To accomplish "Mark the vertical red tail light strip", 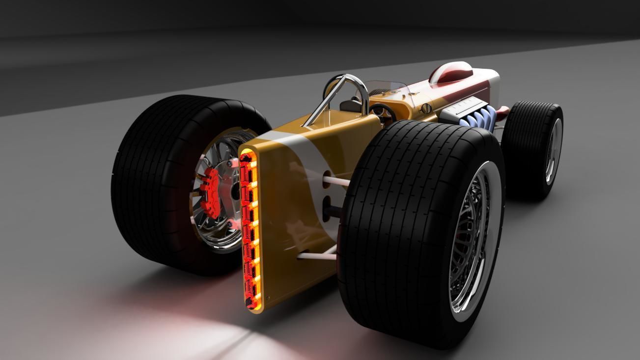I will click(x=250, y=228).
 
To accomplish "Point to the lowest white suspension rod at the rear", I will click(x=317, y=255).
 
